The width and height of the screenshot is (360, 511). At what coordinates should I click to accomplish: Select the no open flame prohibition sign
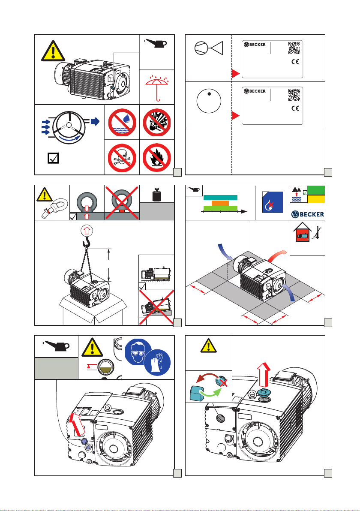click(x=157, y=157)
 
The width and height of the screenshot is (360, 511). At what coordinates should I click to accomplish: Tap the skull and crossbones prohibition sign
click(x=122, y=157)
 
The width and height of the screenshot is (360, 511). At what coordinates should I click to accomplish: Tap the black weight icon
click(x=157, y=195)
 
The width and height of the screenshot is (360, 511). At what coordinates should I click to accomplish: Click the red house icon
click(x=302, y=232)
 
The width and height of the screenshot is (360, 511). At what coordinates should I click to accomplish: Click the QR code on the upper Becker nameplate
click(x=294, y=48)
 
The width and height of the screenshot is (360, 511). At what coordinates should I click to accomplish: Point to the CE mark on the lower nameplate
click(x=295, y=108)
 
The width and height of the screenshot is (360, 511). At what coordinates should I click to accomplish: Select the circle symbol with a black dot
click(x=209, y=101)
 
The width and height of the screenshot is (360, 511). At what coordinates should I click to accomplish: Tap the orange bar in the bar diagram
click(x=221, y=203)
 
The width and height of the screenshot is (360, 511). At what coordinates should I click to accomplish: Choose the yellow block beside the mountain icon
click(x=316, y=199)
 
